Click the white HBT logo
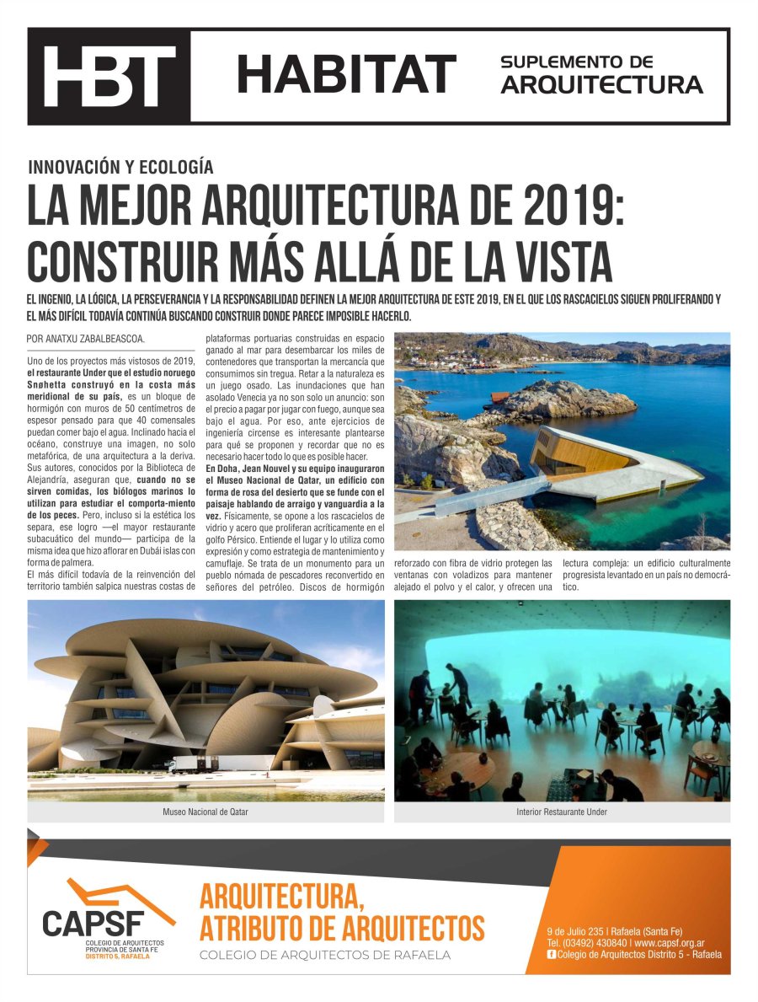click(109, 76)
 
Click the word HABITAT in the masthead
click(346, 74)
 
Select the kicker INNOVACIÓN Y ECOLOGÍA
click(120, 167)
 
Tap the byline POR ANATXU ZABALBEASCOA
click(86, 339)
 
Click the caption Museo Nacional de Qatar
click(206, 812)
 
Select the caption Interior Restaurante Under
click(562, 812)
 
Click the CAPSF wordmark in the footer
click(94, 921)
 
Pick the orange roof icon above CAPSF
click(118, 894)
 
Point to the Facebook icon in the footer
click(552, 954)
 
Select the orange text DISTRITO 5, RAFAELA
click(118, 956)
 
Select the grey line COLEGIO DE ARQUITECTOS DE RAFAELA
click(324, 955)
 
